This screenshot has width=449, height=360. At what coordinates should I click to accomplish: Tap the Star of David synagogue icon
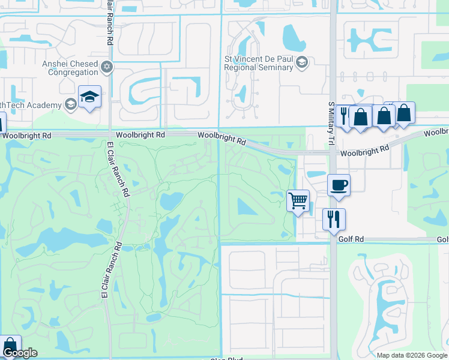pos(107,66)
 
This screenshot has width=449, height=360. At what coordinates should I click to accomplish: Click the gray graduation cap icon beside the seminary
pos(301,62)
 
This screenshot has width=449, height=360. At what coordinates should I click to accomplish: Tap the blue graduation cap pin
pos(90,97)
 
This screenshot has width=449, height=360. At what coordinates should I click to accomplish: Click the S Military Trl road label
pos(331,124)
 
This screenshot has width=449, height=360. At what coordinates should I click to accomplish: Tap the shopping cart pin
pos(298,200)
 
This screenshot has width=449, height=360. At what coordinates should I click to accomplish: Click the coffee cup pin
pos(339,185)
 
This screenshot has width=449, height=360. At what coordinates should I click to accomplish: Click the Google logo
pos(19,353)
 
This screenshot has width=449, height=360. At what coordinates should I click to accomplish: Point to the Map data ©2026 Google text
pos(411,355)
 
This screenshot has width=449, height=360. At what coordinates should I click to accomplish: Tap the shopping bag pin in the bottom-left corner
pos(10,346)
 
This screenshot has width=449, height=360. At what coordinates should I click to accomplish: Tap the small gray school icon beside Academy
pos(70,105)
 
